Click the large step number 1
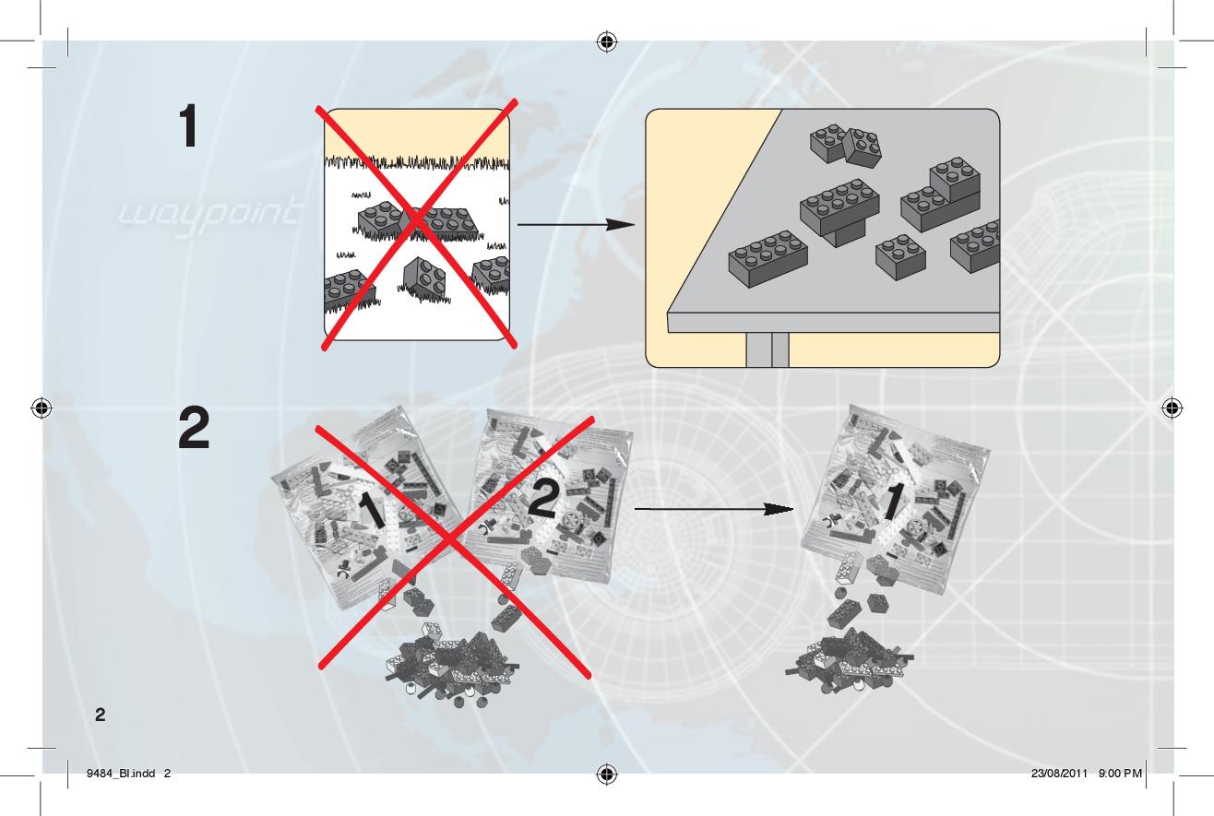188,126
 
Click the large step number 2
194,429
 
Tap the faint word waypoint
208,217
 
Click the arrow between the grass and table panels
577,224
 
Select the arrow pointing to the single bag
714,509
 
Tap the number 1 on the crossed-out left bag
373,510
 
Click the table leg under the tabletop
768,349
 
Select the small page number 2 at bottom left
101,715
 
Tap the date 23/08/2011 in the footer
1059,774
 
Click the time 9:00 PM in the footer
1120,774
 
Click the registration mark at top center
607,41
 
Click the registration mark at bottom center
607,774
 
